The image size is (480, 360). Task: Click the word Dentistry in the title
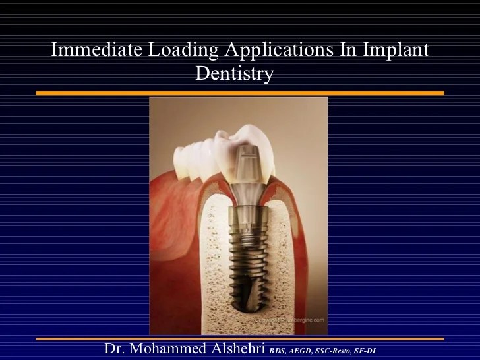pos(234,74)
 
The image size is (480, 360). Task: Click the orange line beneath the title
pos(240,93)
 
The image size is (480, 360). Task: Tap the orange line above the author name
pos(240,338)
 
